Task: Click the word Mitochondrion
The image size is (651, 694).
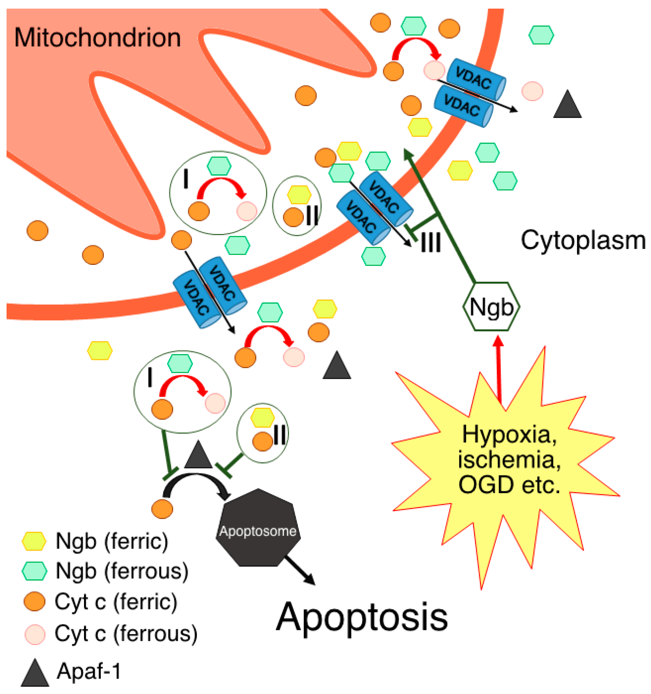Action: (x=97, y=38)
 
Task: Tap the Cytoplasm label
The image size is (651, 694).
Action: (x=582, y=241)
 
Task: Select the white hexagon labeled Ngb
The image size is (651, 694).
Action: (x=491, y=307)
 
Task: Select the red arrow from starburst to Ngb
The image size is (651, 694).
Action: (x=499, y=370)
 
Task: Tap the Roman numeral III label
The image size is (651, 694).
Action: (x=431, y=242)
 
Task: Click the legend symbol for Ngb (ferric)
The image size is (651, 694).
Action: (x=34, y=541)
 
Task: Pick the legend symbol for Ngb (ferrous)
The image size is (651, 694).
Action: (x=34, y=571)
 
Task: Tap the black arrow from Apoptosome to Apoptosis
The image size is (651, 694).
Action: (x=300, y=570)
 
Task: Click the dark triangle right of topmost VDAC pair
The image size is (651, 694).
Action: (x=567, y=105)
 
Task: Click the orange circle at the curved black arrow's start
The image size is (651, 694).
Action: (x=162, y=509)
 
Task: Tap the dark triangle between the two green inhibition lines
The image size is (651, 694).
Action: (x=198, y=456)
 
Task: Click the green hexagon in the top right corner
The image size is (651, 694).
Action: (x=541, y=35)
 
